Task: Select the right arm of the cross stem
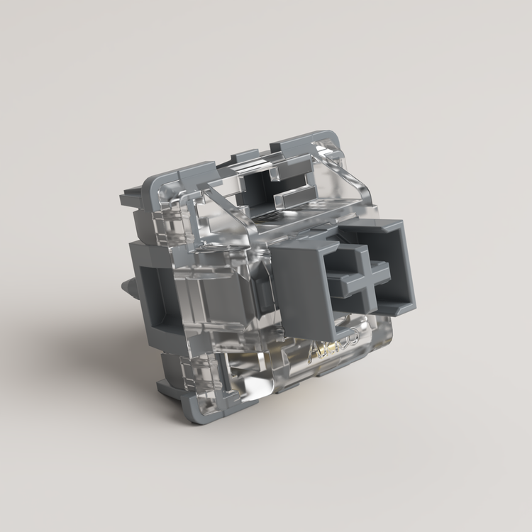point(382,267)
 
